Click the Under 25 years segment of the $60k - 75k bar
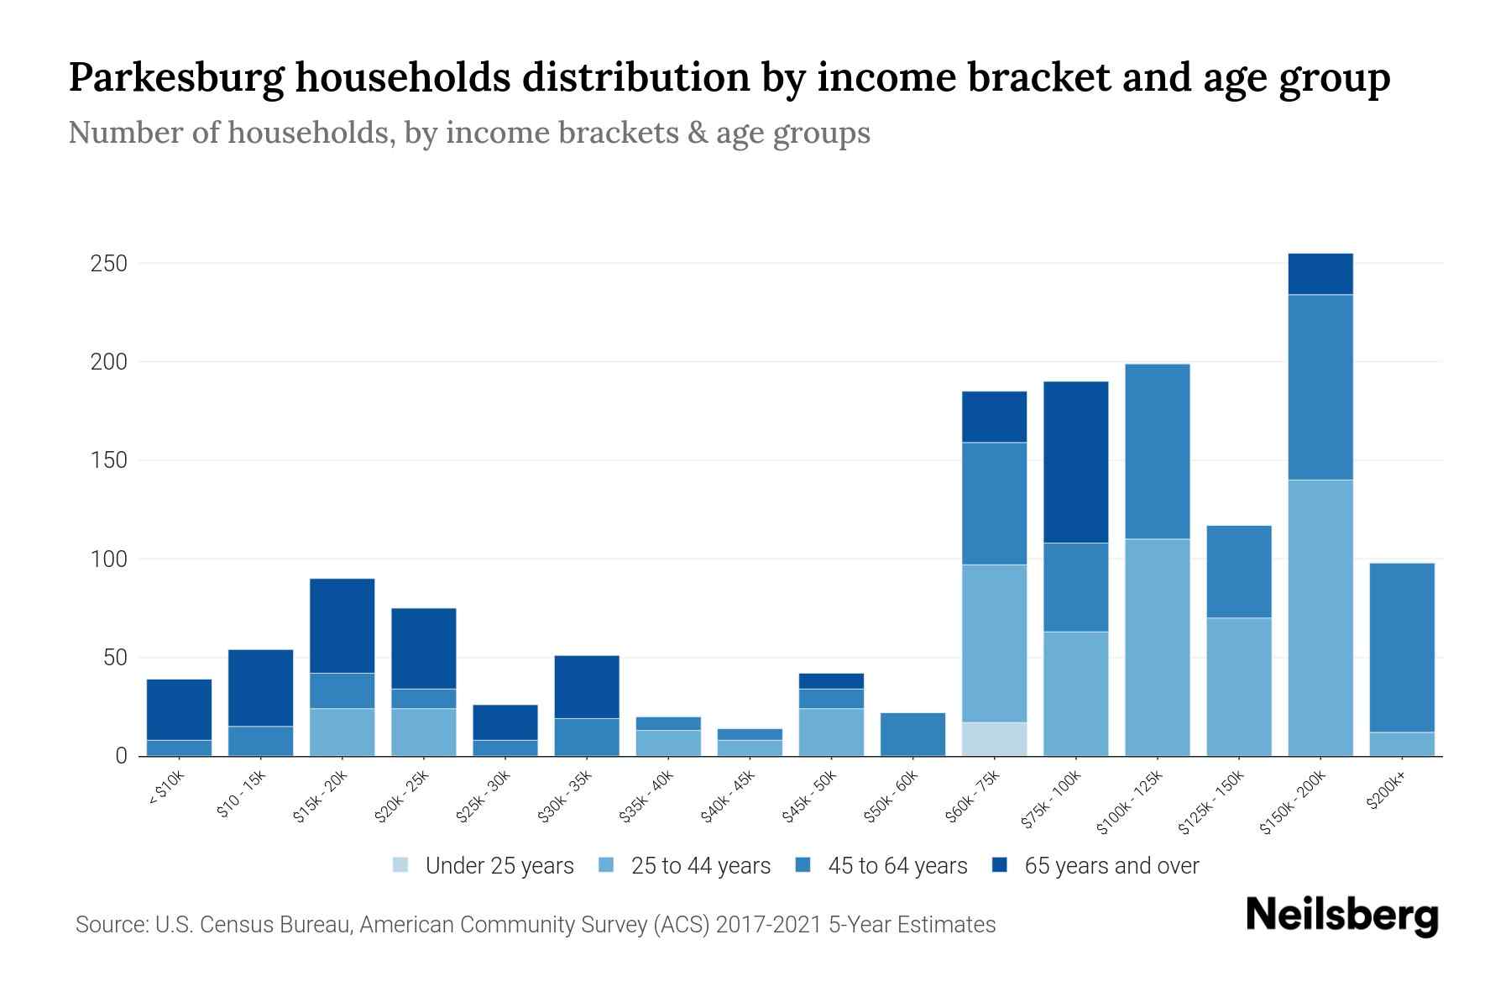pos(994,739)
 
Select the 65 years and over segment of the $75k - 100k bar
pos(1075,462)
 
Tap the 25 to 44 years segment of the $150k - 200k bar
pos(1320,617)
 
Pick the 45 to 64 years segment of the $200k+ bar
pos(1402,648)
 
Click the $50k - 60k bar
pos(912,734)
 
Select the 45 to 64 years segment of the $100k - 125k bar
pos(1157,451)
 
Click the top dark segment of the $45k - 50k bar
pos(831,681)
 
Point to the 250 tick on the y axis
pos(108,264)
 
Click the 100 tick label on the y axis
pos(108,559)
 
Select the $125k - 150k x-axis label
pos(1210,805)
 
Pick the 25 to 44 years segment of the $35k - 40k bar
pos(668,743)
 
